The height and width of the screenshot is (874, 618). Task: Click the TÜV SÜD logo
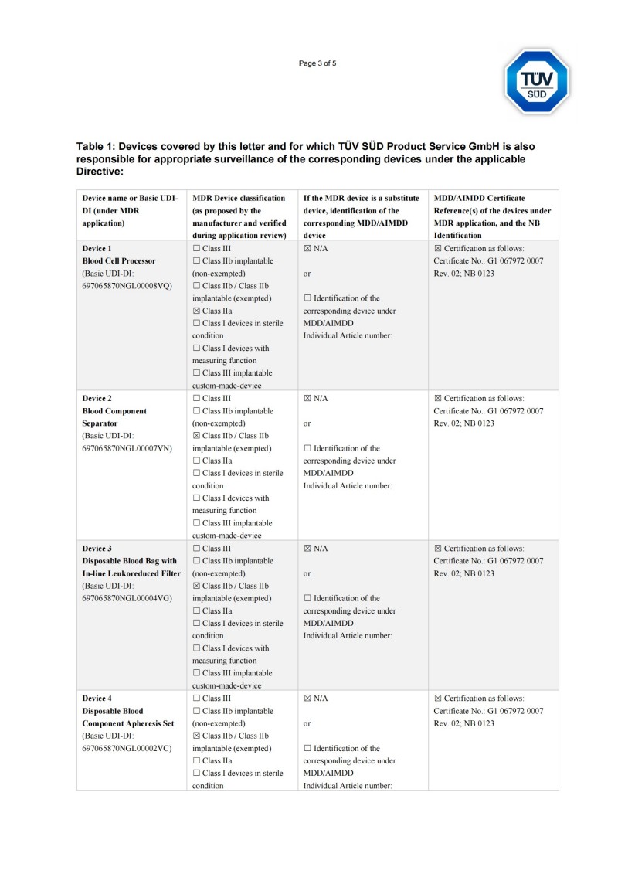point(537,81)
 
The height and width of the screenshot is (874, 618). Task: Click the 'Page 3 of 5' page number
point(317,63)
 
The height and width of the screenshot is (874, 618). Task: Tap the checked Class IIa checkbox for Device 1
point(196,311)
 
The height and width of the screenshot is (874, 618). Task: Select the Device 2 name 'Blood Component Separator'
point(114,417)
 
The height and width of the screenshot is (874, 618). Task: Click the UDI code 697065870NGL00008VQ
point(127,286)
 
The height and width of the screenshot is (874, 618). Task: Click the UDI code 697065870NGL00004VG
point(127,598)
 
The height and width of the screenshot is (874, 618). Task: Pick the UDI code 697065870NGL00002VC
point(127,748)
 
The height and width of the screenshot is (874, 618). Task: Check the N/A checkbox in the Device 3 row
point(307,549)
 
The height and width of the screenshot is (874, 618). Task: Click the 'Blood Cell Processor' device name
point(119,261)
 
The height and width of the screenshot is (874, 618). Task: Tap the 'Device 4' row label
point(97,699)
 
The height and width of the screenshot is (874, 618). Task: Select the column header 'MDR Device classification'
point(239,198)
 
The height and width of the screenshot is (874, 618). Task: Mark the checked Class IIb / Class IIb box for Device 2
point(196,436)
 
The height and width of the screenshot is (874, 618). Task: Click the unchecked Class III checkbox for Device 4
point(196,699)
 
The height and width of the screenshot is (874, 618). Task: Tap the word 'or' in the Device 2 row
point(307,423)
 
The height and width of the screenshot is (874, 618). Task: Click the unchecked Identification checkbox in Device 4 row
point(307,748)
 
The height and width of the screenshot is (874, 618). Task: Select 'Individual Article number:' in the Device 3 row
point(348,636)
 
